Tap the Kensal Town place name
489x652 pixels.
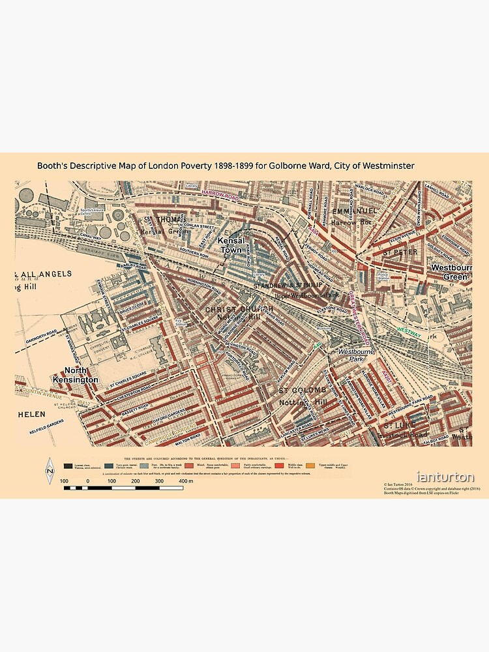point(230,245)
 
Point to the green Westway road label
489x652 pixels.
point(409,331)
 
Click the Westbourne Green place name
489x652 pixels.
point(449,272)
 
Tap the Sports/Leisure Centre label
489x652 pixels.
point(85,212)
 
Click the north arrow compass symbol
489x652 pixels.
point(49,471)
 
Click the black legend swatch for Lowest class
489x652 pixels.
point(68,466)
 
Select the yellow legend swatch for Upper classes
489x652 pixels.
point(310,466)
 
